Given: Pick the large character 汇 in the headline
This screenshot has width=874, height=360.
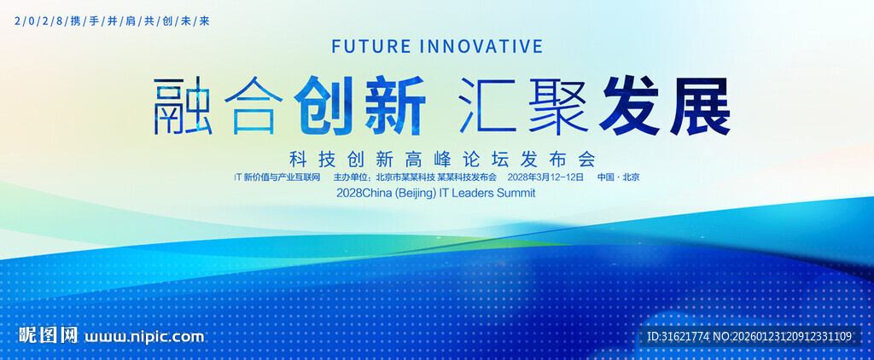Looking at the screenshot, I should tap(487, 107).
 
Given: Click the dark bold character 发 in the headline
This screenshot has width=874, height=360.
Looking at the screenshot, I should tap(631, 107).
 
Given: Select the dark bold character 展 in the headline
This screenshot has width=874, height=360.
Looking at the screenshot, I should tap(699, 107).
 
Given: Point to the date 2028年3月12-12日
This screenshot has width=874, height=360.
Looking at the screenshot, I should tap(545, 177).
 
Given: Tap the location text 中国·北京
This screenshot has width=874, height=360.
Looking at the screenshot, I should tap(619, 177).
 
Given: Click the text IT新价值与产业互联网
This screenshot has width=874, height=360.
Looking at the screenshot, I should tap(277, 177).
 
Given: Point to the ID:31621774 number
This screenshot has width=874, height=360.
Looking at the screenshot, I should tap(679, 336).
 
